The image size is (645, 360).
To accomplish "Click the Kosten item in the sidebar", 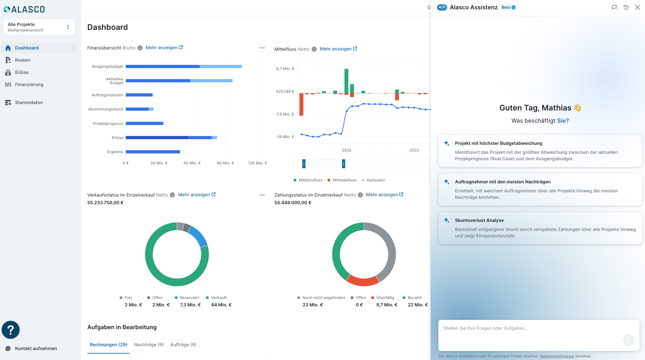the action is tap(22, 60).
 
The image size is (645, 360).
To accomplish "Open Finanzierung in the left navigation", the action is tap(29, 84).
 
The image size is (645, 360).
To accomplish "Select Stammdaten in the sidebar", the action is tap(29, 102).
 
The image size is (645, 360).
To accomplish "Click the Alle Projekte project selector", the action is tap(39, 27).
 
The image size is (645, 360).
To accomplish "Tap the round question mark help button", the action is tap(11, 330).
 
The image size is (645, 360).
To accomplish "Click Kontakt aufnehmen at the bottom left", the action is tap(36, 348).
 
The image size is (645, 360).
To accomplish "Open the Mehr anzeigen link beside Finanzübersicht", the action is tap(164, 48).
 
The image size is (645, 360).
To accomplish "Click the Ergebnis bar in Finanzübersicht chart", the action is tap(153, 152).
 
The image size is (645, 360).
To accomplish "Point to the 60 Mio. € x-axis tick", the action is tap(192, 163).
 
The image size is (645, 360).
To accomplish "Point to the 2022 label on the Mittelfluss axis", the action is tap(347, 150).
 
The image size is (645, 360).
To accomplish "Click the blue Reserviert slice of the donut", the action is tap(198, 236).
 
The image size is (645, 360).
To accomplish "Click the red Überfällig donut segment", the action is tap(363, 281).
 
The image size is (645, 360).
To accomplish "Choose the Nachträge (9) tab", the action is tap(149, 345).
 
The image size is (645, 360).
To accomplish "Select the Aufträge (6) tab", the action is tap(183, 345).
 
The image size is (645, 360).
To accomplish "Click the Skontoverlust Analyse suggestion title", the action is tap(479, 220).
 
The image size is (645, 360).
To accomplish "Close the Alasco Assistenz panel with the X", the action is tap(637, 7).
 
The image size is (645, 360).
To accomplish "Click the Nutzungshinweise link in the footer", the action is tap(557, 356).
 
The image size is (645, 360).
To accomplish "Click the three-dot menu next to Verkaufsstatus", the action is tap(262, 195).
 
